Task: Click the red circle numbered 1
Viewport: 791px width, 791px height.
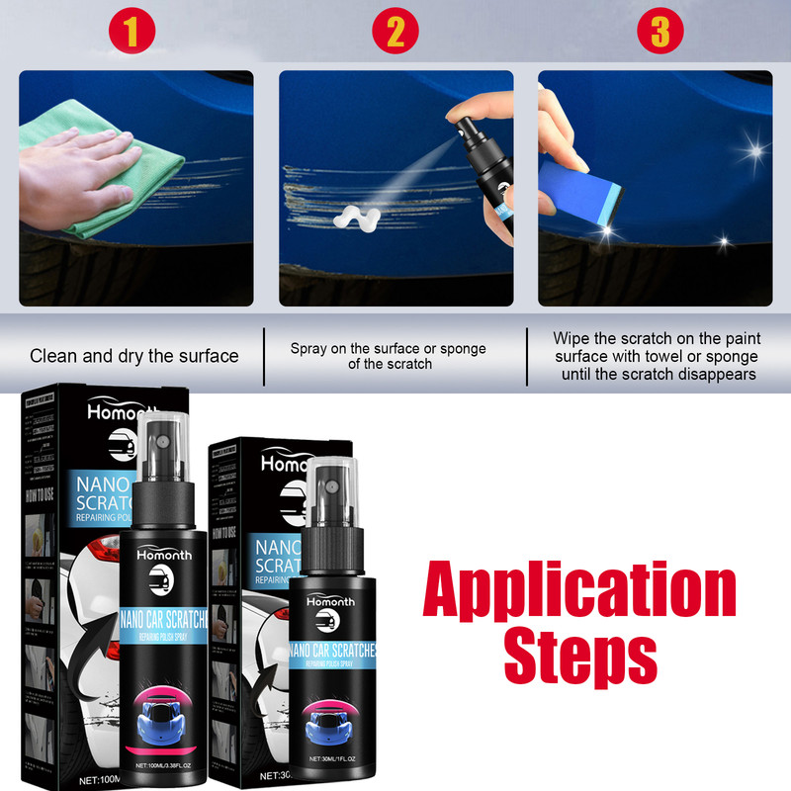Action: coord(138,34)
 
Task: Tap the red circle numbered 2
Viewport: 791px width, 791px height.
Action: coord(395,34)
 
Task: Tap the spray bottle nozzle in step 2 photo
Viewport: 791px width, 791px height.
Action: coord(465,127)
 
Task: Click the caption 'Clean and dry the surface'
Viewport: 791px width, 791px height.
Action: coord(134,356)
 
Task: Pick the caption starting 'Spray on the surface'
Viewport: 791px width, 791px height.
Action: coord(389,356)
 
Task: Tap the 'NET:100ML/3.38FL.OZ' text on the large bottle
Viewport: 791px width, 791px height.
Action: coord(163,763)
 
